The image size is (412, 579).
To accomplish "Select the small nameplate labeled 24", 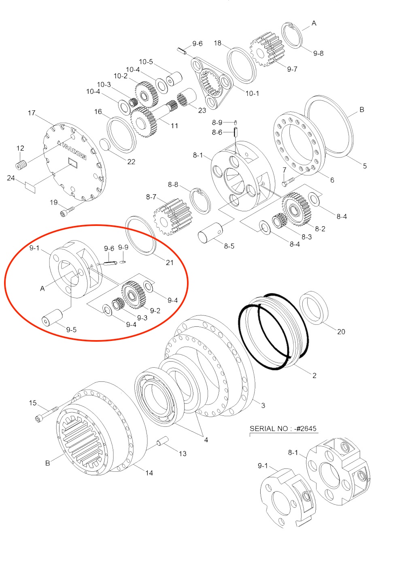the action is [30, 187].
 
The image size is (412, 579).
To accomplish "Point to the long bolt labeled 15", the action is [47, 413].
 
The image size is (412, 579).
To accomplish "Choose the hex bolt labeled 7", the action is [287, 181].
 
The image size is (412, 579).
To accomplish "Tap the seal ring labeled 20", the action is [314, 308].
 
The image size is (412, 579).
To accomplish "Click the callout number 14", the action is [149, 473].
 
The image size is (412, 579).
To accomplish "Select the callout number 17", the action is [32, 113].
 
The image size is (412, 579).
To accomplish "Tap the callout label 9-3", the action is [142, 318].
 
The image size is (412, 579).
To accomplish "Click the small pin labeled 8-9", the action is [235, 122].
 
